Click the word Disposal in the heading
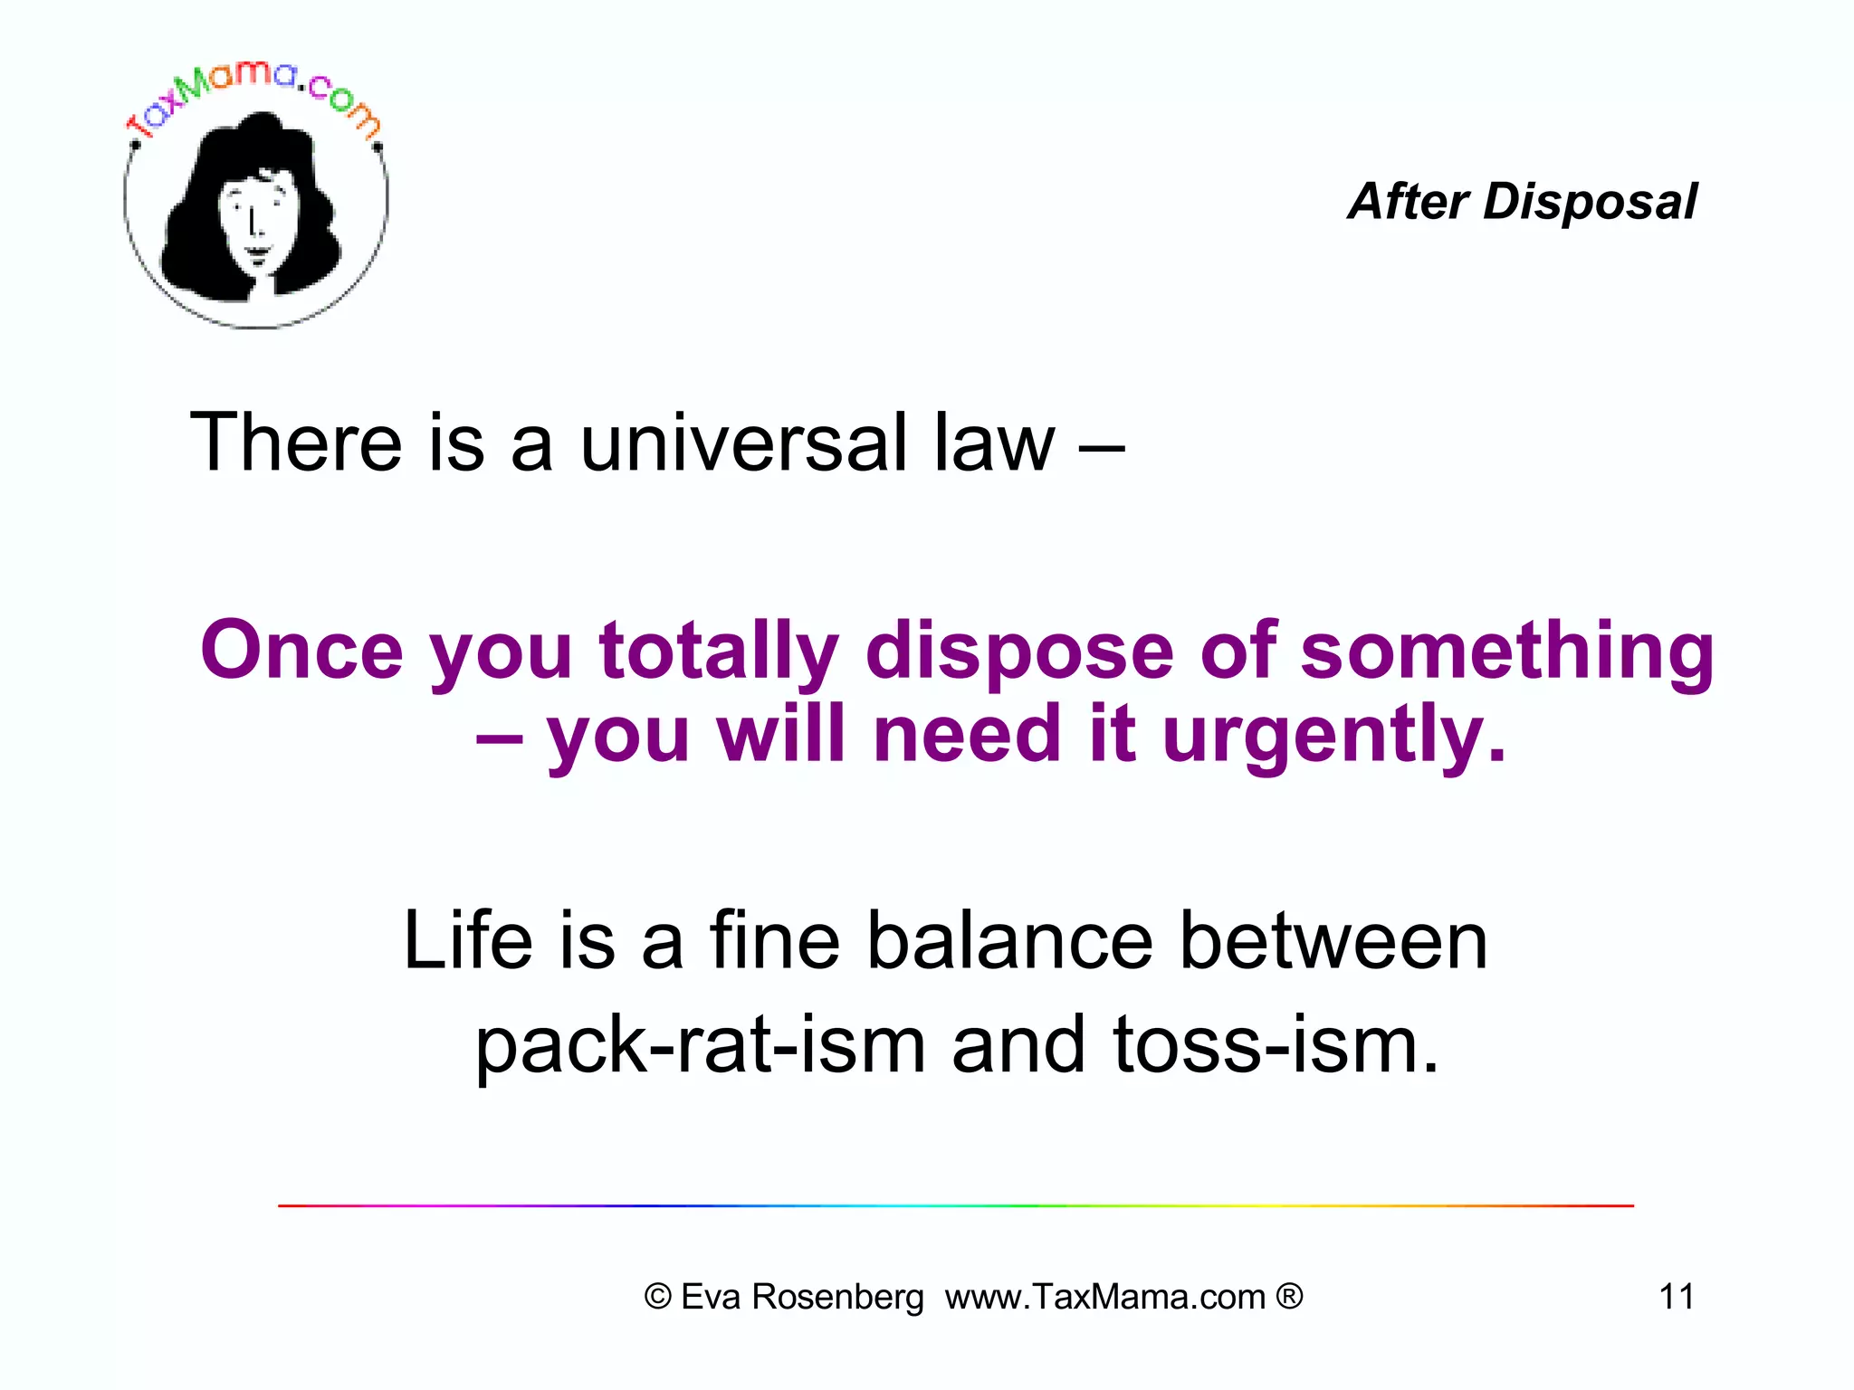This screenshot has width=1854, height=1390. [x=1590, y=201]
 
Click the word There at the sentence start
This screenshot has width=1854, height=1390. [x=295, y=443]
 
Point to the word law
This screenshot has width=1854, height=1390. [x=994, y=443]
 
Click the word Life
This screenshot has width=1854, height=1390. [x=468, y=940]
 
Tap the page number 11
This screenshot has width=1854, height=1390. [x=1676, y=1297]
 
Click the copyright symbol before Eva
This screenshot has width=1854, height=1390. [x=657, y=1297]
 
